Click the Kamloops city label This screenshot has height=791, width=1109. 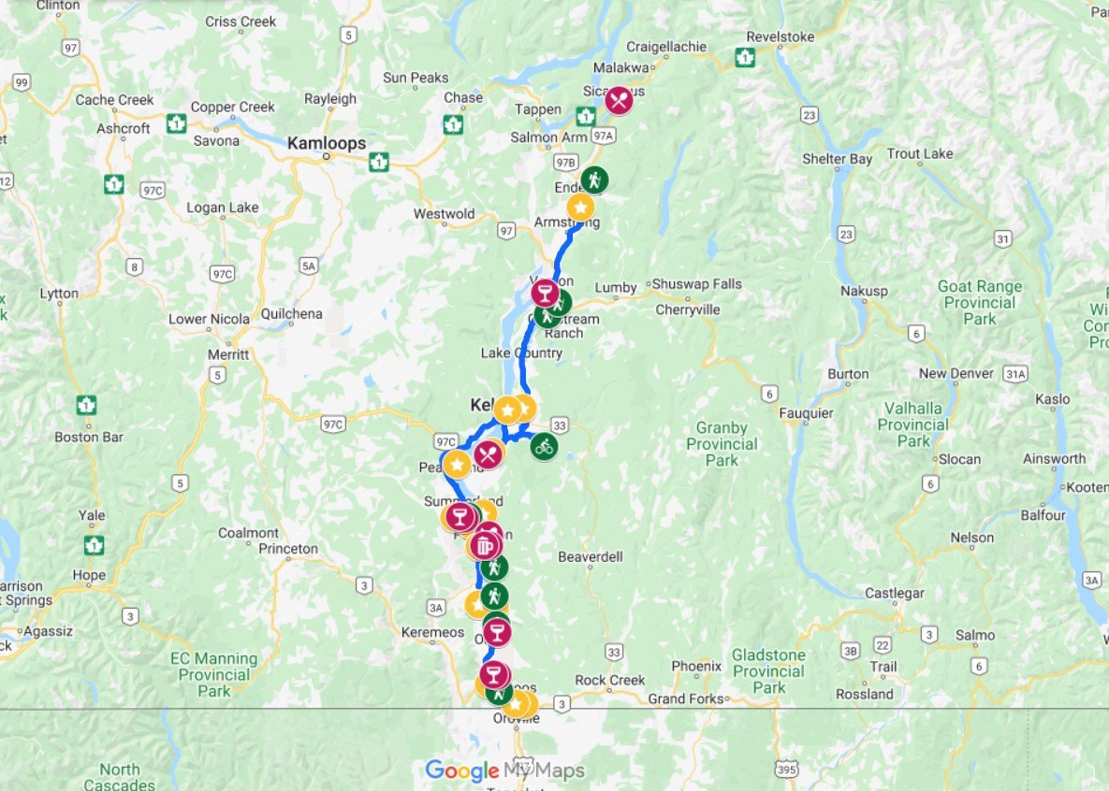pyautogui.click(x=326, y=143)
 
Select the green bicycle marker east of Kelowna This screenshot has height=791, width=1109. pyautogui.click(x=545, y=446)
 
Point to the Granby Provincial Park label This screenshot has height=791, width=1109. pyautogui.click(x=722, y=443)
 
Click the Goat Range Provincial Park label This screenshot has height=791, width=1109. pyautogui.click(x=981, y=302)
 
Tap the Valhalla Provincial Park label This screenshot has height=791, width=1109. pyautogui.click(x=912, y=424)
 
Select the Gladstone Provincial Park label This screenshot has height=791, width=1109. pyautogui.click(x=768, y=671)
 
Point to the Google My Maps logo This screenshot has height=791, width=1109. pyautogui.click(x=504, y=770)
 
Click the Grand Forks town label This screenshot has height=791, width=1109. pyautogui.click(x=686, y=698)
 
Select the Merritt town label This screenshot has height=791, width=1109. pyautogui.click(x=228, y=354)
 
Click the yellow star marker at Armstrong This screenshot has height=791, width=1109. pyautogui.click(x=580, y=207)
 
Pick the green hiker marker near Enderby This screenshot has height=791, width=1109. pyautogui.click(x=593, y=180)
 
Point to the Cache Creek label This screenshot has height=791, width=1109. pyautogui.click(x=114, y=100)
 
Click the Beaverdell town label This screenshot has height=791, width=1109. pyautogui.click(x=591, y=556)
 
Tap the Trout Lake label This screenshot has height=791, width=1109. pyautogui.click(x=919, y=153)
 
